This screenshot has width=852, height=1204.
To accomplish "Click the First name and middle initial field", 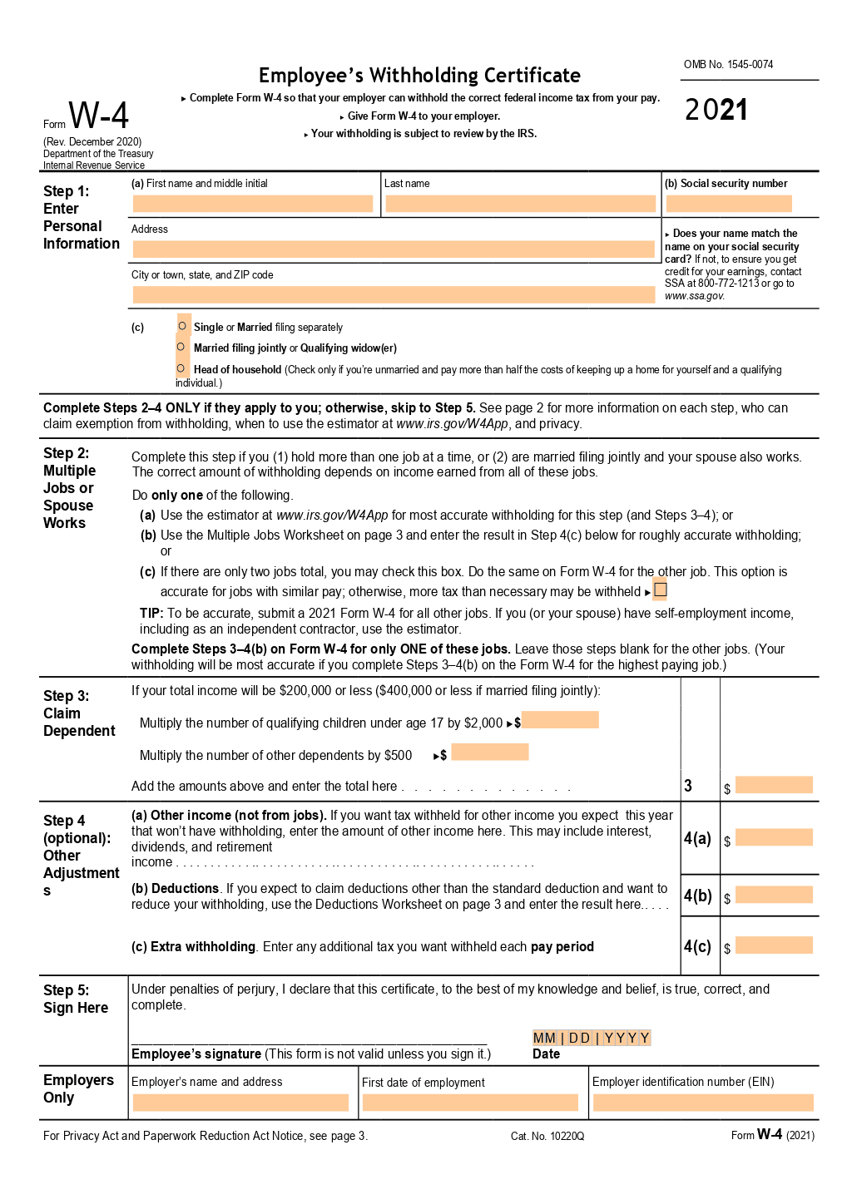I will click(252, 204).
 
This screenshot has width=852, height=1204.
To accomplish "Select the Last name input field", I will click(520, 204).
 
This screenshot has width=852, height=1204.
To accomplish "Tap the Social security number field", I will click(729, 204).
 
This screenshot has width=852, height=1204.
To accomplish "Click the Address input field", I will click(394, 249).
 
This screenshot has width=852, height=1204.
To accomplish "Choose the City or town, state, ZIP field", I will click(394, 294).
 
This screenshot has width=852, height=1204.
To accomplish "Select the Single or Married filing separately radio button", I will click(182, 326).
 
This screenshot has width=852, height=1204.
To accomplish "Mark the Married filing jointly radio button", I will click(181, 347).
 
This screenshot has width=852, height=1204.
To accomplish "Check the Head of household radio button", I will click(181, 368).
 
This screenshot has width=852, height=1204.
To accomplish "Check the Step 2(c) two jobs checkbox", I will click(661, 590).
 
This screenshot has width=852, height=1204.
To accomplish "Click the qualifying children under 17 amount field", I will click(560, 720).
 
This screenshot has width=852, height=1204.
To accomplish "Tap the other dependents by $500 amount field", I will click(490, 752).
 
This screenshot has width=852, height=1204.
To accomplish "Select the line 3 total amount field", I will click(774, 785).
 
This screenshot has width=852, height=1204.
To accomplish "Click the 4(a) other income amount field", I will click(774, 837).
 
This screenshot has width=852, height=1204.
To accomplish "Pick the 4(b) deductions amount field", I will click(774, 895).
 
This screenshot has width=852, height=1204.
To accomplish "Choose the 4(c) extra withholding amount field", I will click(774, 945).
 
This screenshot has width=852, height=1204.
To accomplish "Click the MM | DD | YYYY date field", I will click(592, 1038).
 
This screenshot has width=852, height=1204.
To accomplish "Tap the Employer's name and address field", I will click(240, 1103).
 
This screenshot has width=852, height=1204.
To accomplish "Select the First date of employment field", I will click(470, 1103).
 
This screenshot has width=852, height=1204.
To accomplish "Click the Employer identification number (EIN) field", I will click(703, 1103).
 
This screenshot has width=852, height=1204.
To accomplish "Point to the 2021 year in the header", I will click(716, 110).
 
